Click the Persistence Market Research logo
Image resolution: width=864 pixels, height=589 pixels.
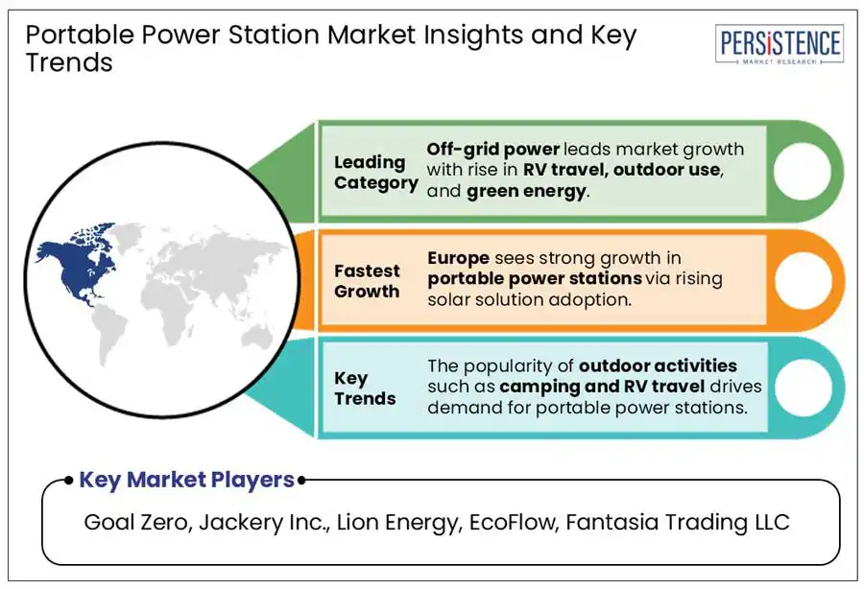(780, 44)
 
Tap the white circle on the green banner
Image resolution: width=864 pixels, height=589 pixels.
(802, 171)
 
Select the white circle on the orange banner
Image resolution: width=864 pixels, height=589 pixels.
(803, 280)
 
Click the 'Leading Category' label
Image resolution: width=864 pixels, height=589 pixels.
(375, 173)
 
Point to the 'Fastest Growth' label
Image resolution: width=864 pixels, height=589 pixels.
(367, 281)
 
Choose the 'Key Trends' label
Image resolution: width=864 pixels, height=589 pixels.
(365, 389)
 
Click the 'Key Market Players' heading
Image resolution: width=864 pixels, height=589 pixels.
(187, 480)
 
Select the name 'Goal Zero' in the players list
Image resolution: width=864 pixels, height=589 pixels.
(135, 522)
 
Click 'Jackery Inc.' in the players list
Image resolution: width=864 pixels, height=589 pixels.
(264, 522)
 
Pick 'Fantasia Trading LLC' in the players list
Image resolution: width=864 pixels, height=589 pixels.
(677, 522)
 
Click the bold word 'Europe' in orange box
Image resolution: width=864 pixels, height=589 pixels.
(459, 258)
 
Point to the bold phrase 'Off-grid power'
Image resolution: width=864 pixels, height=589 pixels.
(493, 150)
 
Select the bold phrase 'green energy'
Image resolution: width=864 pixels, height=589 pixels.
(526, 192)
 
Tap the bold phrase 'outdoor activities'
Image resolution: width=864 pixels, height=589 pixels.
(658, 365)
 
